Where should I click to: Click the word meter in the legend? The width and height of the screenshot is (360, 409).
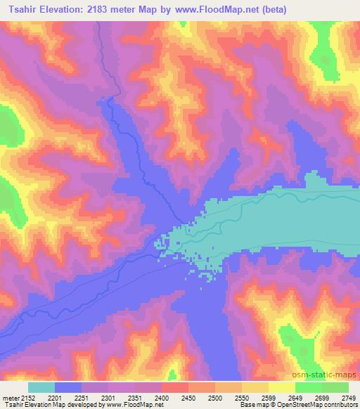click(x=11, y=398)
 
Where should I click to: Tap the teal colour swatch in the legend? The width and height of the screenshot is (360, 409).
click(x=42, y=387)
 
